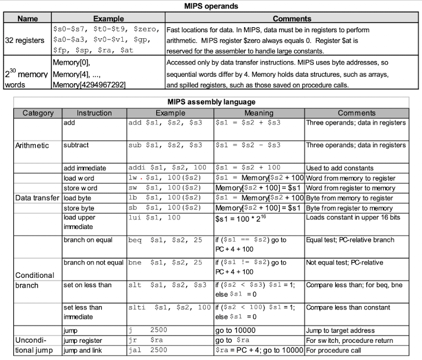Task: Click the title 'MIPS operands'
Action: pos(211,7)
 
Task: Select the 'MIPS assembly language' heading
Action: pos(211,102)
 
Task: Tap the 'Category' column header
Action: pos(38,113)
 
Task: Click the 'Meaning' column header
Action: pos(259,113)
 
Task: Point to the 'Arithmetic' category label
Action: pos(32,145)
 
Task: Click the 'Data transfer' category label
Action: pos(37,198)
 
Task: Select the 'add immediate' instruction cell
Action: pos(85,168)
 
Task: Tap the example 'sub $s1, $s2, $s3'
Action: pos(165,145)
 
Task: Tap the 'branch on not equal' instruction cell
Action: pos(94,262)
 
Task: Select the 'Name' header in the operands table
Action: pos(27,18)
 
